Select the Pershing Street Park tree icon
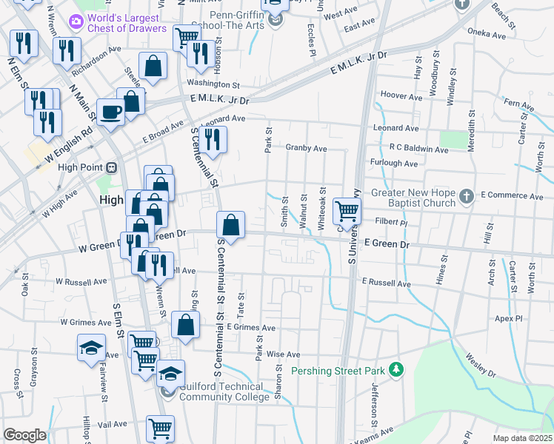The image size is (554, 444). [x=397, y=369]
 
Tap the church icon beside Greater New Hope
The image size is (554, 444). [x=465, y=196]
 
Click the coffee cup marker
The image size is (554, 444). [x=110, y=112]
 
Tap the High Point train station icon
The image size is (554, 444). [x=112, y=168]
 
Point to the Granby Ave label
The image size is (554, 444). [x=306, y=148]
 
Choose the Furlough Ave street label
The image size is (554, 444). [x=394, y=163]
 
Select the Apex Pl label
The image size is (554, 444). [x=509, y=318]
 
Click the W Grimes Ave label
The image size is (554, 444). [x=84, y=322]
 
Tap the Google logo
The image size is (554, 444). [x=24, y=435]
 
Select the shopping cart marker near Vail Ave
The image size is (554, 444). [x=160, y=427]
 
